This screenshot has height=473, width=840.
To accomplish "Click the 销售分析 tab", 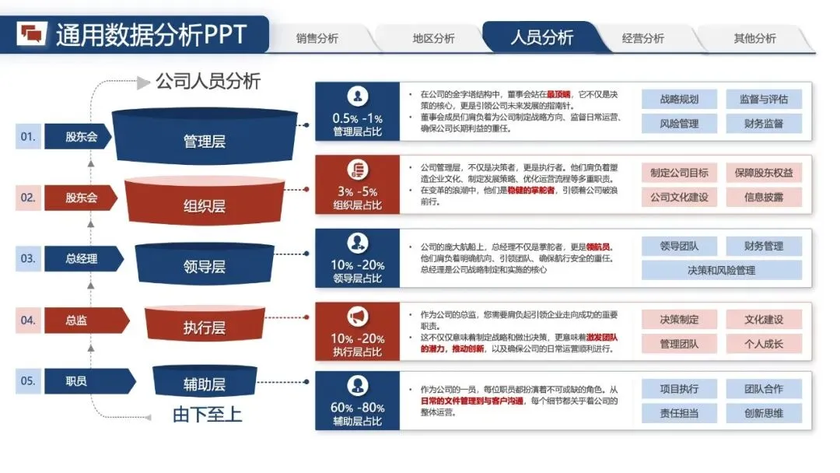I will coord(317,38).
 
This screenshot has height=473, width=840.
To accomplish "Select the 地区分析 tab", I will coord(433,38).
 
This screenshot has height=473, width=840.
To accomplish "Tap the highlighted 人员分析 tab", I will coord(541,37).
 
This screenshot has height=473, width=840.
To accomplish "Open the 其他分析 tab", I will coord(754,38).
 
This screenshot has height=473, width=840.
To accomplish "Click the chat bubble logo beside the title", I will coord(33,34).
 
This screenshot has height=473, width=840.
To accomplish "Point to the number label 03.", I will coord(28,258).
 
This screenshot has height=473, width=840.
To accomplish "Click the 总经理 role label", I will coord(82,258).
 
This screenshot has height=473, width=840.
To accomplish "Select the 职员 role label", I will coord(76,381).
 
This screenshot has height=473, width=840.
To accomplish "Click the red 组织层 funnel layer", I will coord(204,205).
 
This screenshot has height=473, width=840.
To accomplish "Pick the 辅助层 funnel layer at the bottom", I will coord(204,384).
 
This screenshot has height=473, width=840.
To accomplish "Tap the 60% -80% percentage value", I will coord(358,408).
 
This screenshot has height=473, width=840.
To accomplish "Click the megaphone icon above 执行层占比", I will coord(357,317).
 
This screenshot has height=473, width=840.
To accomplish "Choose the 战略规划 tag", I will coord(679,100).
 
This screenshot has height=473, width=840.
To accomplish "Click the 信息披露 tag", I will coord(763,197).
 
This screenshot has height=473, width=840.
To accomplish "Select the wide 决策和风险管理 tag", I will coord(721,270).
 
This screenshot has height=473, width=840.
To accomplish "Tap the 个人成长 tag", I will coord(763,343).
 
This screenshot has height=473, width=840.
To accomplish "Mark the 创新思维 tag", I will coord(763,413).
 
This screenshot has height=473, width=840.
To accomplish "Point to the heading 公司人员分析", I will coord(208,81).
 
